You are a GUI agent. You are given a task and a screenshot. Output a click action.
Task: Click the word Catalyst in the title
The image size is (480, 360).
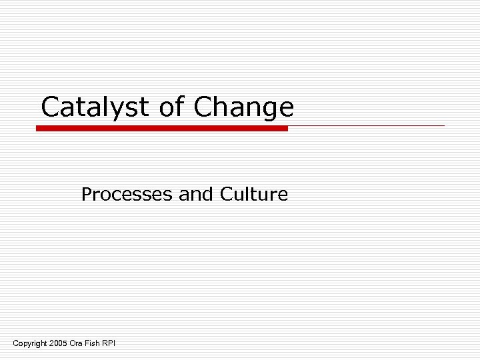(95, 107)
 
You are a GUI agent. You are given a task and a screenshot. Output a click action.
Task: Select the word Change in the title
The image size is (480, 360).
(244, 107)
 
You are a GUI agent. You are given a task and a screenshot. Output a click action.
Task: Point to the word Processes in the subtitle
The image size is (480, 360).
(127, 195)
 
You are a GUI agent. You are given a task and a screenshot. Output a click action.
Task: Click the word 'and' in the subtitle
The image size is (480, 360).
(194, 195)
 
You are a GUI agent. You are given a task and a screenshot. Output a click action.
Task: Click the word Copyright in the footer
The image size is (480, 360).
(30, 343)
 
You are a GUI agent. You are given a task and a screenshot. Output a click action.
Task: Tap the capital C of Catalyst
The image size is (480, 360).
(50, 107)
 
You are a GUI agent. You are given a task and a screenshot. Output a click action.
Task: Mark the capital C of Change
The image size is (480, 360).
(203, 107)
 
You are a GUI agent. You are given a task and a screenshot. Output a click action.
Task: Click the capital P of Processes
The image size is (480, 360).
(85, 195)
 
